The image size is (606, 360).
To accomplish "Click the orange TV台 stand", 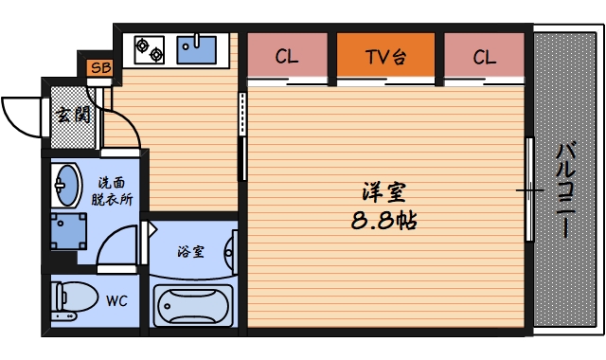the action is click(385, 57).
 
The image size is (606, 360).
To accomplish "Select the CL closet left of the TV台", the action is click(288, 57).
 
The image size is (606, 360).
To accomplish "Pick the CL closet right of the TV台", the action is click(484, 57).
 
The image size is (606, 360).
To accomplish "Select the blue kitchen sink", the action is click(198, 46).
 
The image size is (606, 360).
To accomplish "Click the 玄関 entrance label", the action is click(68, 117).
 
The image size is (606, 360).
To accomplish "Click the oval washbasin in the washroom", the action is click(65, 183).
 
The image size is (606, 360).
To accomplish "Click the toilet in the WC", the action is click(73, 300).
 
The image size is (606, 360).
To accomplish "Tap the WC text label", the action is click(116, 301).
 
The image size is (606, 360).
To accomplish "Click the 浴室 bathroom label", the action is click(191, 251).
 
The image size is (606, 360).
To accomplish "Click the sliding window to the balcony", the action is click(530, 189).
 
